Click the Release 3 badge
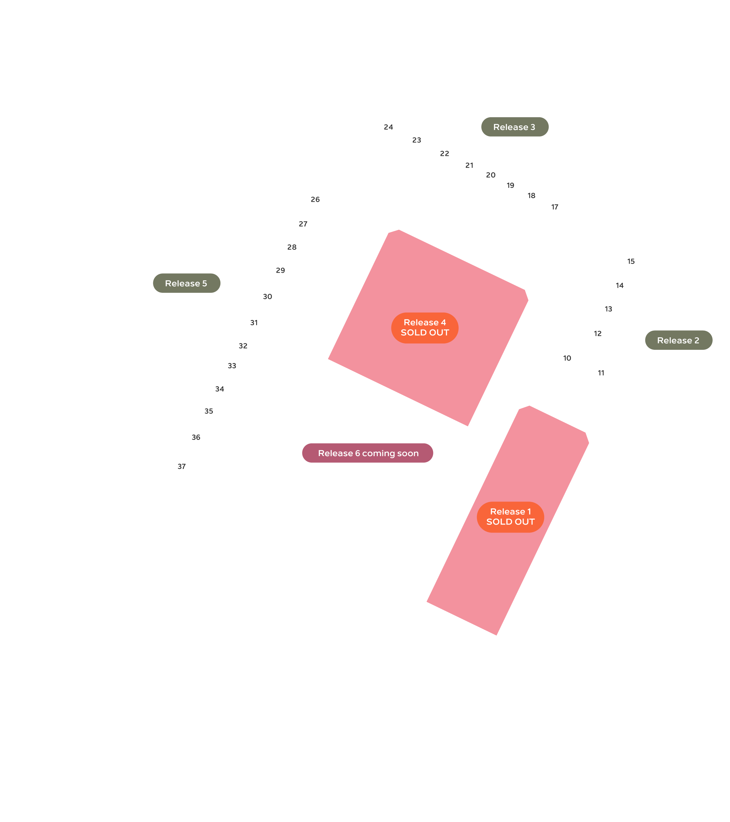coord(515,127)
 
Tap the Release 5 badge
coord(186,283)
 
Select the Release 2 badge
coord(679,340)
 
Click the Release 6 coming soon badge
coord(368,453)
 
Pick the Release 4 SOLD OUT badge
coord(425,328)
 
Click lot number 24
coord(388,127)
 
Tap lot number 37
coord(182,466)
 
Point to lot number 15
coord(631,262)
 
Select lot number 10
coord(567,358)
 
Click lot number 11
coord(601,373)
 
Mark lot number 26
coord(315,199)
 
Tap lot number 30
coord(267,297)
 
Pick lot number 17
coord(554,207)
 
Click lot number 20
coord(491,175)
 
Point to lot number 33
coord(232,366)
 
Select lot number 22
coord(444,154)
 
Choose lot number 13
coord(608,309)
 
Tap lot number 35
coord(209,411)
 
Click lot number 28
coord(292,247)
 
